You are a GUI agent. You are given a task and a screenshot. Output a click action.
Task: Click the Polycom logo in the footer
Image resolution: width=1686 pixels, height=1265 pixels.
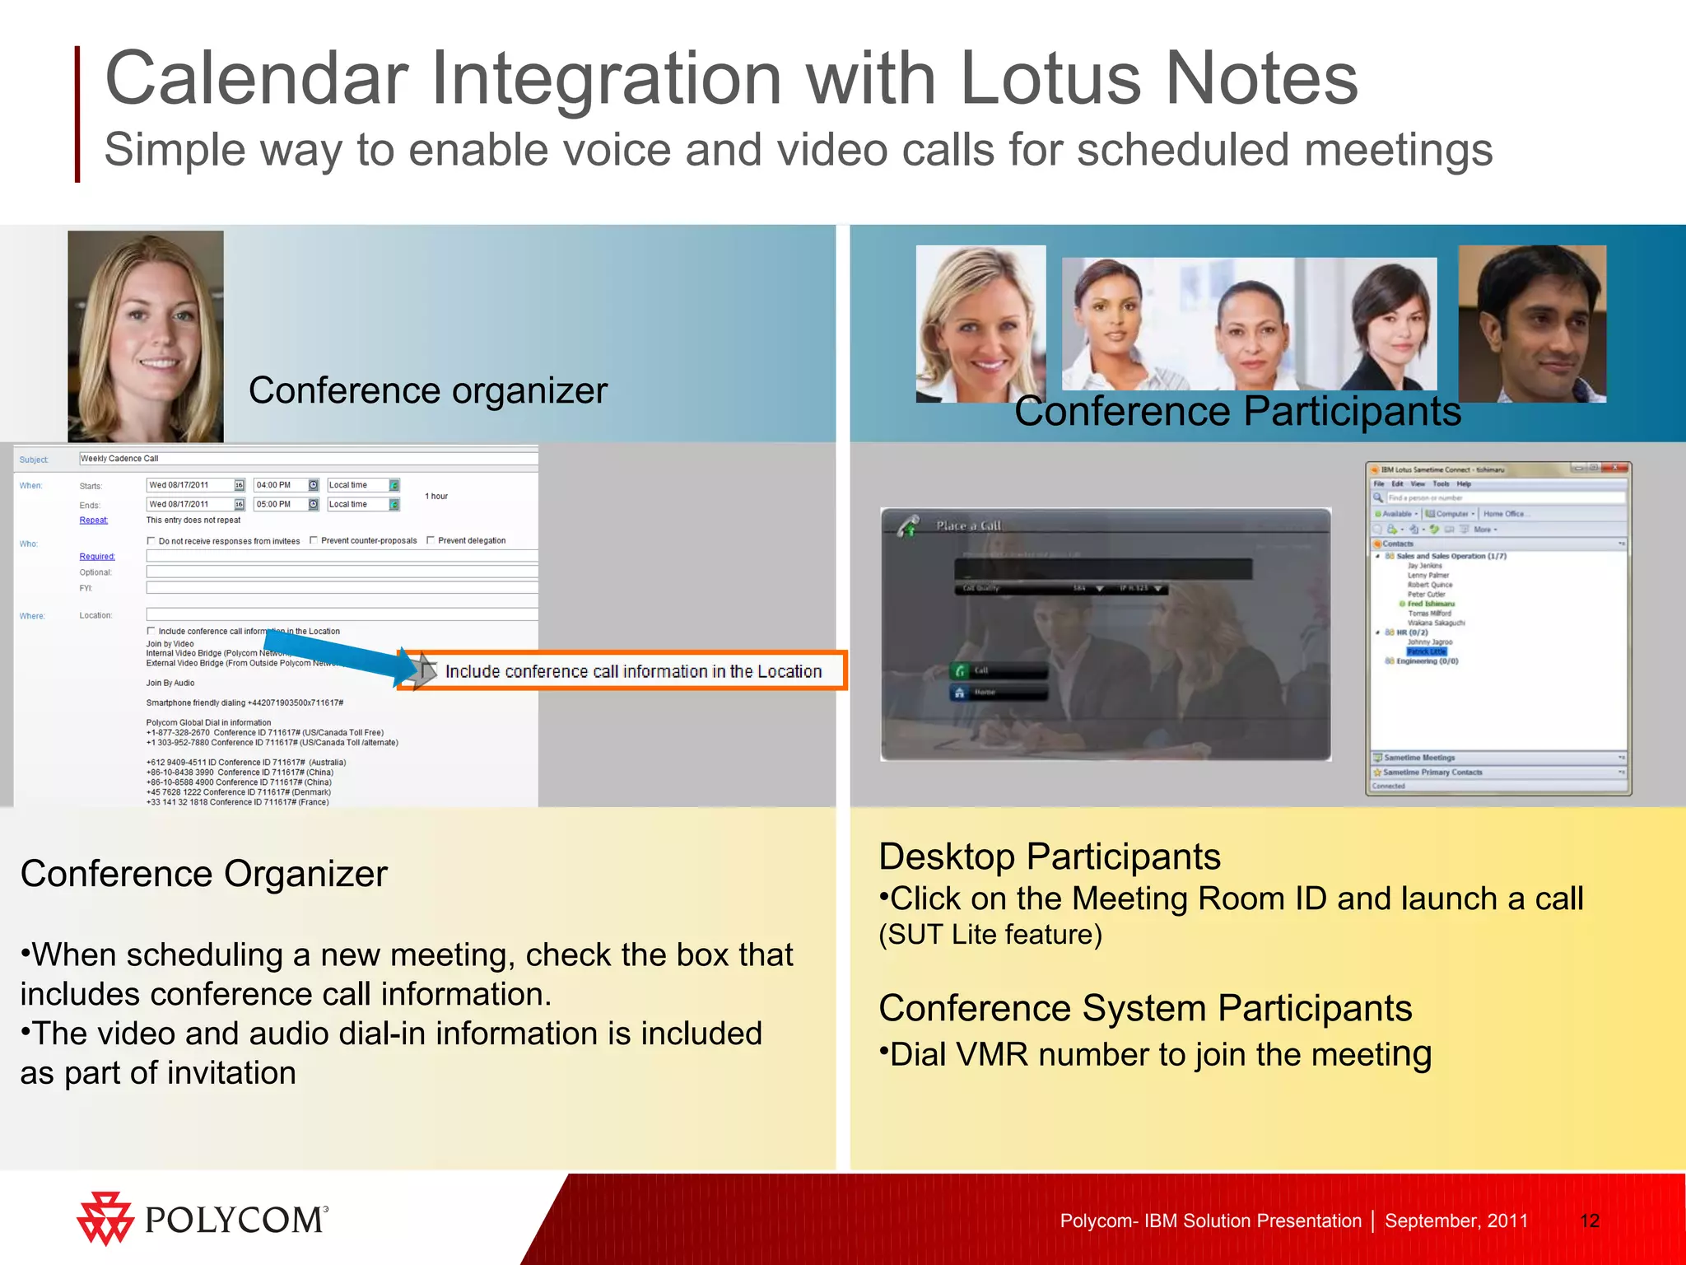(203, 1219)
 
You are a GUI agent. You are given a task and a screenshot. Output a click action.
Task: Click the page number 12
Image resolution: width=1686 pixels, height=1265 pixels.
(1589, 1221)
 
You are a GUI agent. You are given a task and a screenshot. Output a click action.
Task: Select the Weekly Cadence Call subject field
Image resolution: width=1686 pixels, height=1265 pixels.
(308, 459)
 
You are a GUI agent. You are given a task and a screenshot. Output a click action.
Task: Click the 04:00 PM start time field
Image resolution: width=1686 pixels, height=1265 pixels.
(280, 485)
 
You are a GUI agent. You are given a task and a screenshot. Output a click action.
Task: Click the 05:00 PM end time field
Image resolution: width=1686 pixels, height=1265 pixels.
(280, 504)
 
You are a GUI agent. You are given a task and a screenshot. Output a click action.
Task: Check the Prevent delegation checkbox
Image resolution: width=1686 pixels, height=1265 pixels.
(431, 540)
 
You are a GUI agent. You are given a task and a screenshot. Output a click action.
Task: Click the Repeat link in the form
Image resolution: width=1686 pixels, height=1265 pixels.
(93, 520)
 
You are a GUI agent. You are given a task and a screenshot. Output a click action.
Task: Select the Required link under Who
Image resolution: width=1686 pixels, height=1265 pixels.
(97, 557)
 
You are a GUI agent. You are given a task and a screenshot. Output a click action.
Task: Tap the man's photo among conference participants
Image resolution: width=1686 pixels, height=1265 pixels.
(1531, 323)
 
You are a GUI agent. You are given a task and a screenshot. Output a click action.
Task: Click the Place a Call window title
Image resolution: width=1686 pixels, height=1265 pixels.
(968, 525)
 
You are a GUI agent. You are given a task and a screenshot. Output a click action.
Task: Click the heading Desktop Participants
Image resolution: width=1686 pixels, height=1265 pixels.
(1049, 857)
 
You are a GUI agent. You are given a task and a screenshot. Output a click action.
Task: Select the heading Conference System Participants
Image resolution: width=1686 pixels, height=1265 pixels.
(1144, 1008)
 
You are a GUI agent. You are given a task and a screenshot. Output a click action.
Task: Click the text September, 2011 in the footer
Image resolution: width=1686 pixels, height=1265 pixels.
(1455, 1221)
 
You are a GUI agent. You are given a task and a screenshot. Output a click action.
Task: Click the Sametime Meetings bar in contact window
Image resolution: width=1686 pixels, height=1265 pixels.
(1419, 758)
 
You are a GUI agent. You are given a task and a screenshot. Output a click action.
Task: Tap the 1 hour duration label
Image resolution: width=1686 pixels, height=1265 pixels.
(436, 496)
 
